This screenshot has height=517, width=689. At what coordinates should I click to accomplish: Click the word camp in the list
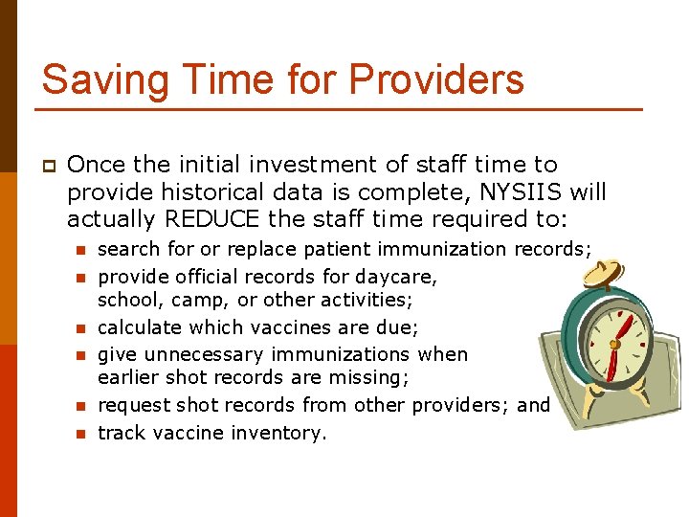pos(183,301)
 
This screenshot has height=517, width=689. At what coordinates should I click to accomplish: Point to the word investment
pos(366,165)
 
